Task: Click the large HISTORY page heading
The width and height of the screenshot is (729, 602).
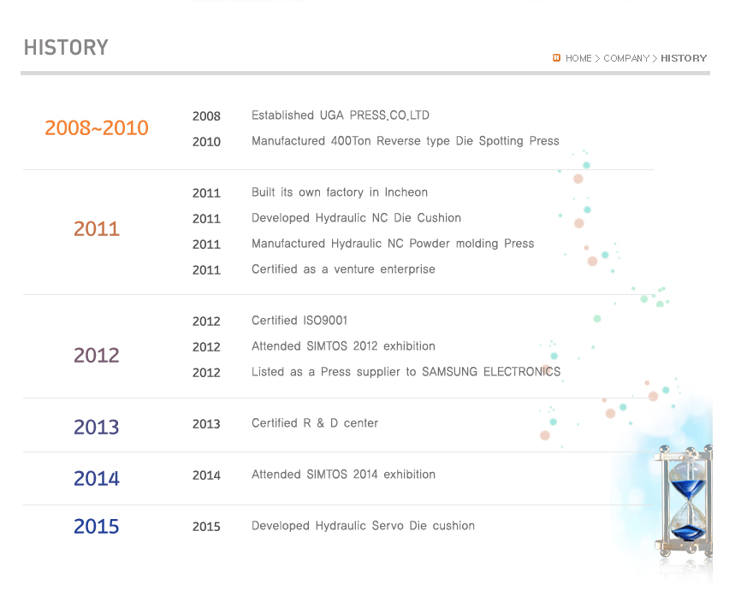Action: [66, 48]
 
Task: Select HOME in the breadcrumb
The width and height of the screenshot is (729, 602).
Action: [578, 58]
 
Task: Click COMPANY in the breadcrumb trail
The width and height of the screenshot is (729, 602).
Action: [626, 58]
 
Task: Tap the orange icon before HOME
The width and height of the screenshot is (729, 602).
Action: [556, 58]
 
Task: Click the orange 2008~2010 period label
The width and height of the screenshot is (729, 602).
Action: [97, 128]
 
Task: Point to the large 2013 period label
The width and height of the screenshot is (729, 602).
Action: [97, 428]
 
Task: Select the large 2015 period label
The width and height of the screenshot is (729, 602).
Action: [97, 527]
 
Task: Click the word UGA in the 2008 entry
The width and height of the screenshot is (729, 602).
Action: [331, 115]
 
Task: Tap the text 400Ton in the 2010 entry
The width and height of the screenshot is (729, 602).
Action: [351, 141]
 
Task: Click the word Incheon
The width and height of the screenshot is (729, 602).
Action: [406, 192]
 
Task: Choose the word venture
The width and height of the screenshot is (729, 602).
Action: [354, 269]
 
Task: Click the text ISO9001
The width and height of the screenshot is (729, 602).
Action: [325, 321]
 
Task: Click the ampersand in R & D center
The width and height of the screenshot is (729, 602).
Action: [320, 423]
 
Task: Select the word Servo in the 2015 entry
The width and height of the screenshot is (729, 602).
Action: [388, 526]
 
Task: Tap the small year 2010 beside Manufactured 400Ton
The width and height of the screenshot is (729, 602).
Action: [206, 142]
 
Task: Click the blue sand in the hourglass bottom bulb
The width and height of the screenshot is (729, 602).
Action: [687, 533]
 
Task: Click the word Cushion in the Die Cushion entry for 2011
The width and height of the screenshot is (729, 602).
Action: [439, 218]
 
